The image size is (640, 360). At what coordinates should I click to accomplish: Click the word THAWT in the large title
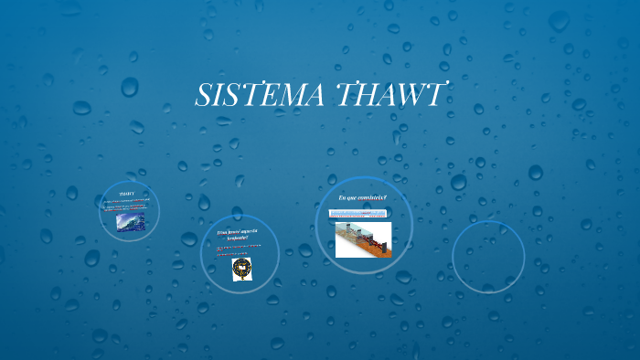coord(392,94)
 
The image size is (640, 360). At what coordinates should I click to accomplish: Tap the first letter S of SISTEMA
coord(205,94)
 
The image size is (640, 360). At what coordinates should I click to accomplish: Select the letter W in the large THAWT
coord(402,94)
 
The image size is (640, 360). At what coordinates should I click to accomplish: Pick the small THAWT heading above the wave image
coord(127,194)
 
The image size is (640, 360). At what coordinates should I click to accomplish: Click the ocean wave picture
coord(129,222)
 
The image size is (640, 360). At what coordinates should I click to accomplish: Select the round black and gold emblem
coord(241,269)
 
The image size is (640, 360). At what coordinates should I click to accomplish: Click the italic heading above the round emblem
coord(238,237)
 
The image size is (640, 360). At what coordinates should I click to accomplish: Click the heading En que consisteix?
coord(363,198)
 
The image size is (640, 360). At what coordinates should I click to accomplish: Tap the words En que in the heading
coord(347,198)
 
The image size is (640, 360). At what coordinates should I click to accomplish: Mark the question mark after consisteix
coord(386,198)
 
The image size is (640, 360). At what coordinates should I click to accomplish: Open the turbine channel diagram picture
coord(363,239)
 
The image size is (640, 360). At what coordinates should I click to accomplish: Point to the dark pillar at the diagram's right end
coord(387,243)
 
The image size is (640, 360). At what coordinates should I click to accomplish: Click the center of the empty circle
coord(488,257)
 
